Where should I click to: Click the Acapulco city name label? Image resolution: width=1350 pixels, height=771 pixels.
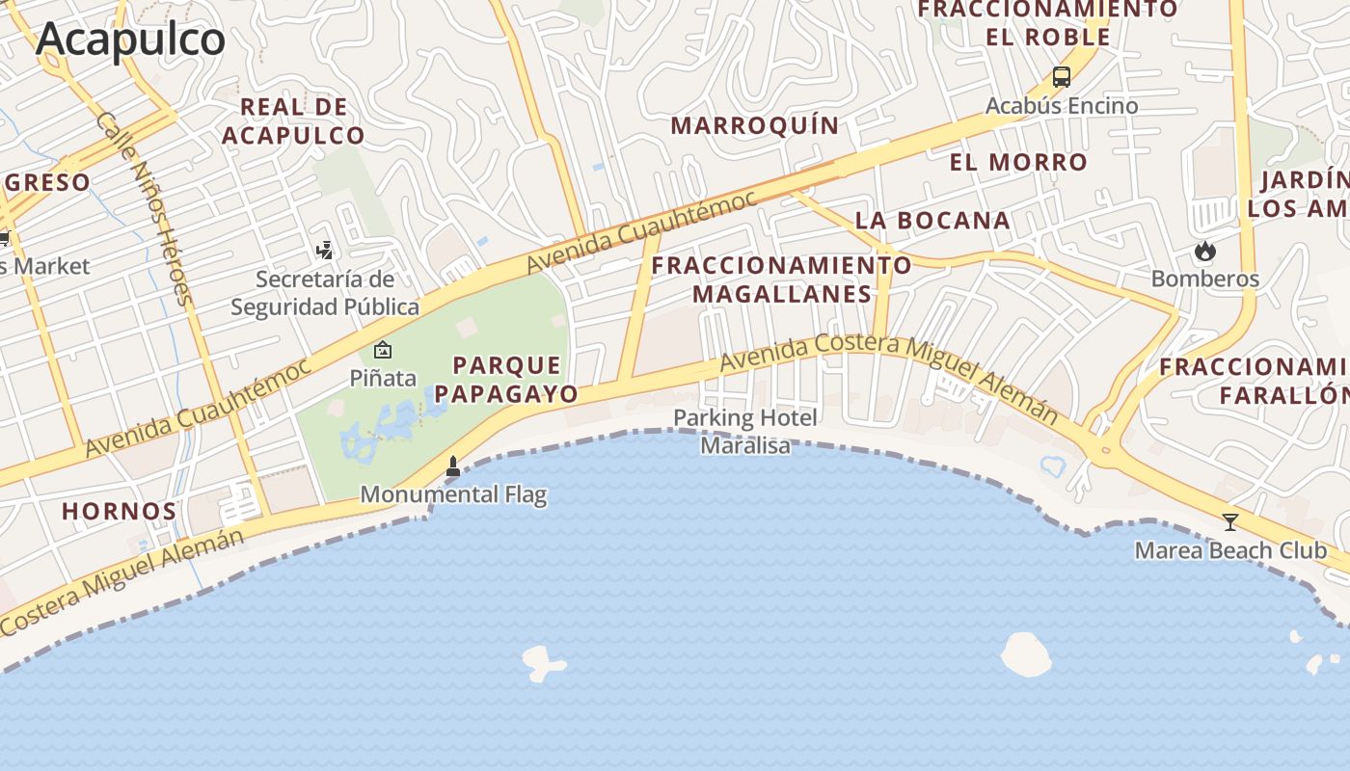131,40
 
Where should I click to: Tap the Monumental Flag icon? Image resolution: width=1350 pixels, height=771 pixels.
452,466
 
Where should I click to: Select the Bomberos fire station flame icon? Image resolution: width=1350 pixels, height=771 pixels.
1204,252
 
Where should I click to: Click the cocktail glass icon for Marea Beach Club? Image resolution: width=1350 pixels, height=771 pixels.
1229,522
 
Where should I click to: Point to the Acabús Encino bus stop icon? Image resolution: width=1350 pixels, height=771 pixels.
1062,77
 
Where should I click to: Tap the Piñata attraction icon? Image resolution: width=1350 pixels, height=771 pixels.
383,350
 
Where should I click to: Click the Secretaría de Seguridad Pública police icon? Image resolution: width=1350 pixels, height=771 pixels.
325,251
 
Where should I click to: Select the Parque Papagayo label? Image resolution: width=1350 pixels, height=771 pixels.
506,379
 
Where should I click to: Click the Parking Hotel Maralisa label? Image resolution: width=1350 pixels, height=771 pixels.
745,431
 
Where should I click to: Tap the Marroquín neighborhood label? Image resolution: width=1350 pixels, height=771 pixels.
755,126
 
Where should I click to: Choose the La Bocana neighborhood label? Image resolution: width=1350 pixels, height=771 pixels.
932,221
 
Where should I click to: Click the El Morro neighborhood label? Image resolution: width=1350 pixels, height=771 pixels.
1018,162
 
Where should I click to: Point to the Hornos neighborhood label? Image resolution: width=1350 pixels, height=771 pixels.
120,511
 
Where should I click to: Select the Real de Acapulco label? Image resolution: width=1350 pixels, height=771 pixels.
293,121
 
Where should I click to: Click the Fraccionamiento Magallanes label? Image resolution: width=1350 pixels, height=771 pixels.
781,279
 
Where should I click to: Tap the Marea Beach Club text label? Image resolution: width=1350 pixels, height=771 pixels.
1230,550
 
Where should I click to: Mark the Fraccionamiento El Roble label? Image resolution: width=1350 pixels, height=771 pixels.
1047,23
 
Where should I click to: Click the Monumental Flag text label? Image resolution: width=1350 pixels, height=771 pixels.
453,494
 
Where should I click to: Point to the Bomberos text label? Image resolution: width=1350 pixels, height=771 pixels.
1205,279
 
